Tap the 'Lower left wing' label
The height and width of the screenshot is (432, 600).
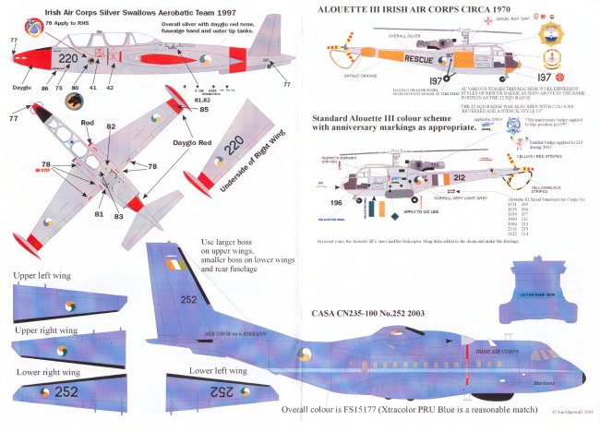tap(218, 371)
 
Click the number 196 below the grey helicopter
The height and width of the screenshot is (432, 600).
tap(337, 228)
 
